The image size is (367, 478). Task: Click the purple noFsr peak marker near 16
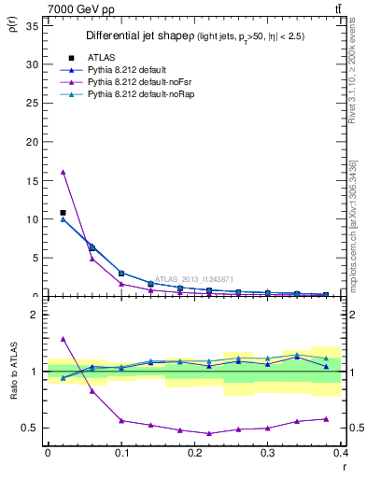click(x=63, y=172)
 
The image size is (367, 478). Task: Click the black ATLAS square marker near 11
click(x=63, y=213)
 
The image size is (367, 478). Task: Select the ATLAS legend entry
click(x=99, y=58)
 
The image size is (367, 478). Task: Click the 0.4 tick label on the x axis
click(x=341, y=453)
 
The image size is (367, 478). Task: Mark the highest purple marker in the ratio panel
click(x=63, y=339)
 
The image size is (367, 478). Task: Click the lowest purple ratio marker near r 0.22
click(x=209, y=433)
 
